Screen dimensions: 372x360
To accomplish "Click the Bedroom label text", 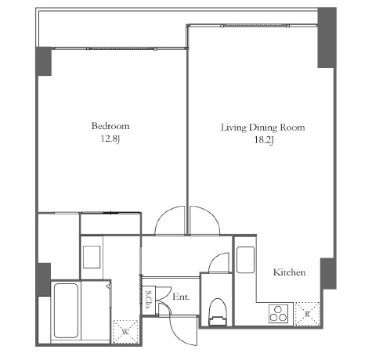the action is (110, 126).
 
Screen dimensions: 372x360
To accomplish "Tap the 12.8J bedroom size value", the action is (110, 139).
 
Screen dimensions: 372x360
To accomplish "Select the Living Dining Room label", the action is (263, 128).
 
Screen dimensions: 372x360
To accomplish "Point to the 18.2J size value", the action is (264, 140).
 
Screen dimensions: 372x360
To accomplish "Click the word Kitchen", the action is (289, 272).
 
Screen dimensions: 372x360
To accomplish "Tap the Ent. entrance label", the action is (181, 297).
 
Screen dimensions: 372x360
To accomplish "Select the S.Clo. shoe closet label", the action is (148, 300).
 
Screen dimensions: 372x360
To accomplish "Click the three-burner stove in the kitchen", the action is (279, 314).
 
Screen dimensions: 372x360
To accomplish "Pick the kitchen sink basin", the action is (245, 260).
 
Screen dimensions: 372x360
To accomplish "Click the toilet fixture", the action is (217, 312).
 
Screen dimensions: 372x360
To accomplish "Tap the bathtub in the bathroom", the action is (66, 311).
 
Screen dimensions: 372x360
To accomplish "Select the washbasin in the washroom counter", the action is (92, 257).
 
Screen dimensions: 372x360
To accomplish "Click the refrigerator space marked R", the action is (307, 314).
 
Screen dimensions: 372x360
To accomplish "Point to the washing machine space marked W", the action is (125, 332).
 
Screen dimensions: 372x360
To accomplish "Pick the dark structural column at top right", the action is (327, 38).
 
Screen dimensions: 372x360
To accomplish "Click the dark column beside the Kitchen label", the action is (328, 273).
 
